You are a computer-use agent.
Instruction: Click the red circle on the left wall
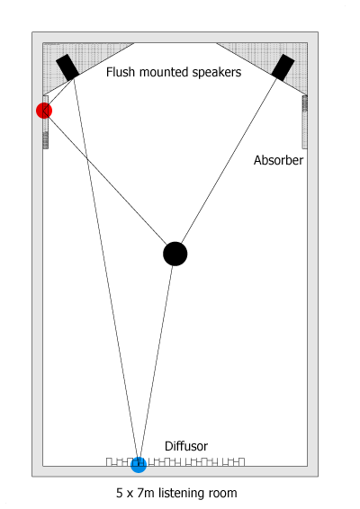click(44, 111)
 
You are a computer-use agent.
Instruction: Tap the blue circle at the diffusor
click(139, 465)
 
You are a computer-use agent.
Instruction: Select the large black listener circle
click(175, 254)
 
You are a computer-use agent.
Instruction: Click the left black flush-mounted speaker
click(67, 67)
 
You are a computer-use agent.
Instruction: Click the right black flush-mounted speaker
click(283, 67)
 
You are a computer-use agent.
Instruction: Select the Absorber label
click(278, 160)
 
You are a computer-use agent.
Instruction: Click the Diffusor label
click(186, 446)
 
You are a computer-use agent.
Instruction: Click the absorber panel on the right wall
click(305, 122)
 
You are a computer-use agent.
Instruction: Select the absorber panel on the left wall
click(46, 122)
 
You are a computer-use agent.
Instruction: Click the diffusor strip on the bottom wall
click(175, 462)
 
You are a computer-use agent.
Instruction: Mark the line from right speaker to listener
click(229, 161)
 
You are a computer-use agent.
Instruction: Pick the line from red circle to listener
click(105, 177)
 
